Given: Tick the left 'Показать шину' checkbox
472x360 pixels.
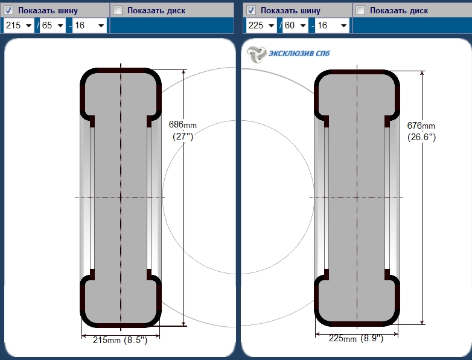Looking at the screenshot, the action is point(8,10).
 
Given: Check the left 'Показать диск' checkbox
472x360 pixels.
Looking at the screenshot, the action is point(118,10).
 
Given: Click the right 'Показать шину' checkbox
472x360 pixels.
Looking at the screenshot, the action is point(251,10).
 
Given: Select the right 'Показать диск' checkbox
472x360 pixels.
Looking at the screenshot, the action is point(360,10).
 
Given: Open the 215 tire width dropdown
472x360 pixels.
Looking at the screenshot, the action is point(19,25).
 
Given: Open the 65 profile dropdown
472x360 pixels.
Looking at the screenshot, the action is point(53,25).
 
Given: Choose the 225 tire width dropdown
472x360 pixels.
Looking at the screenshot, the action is point(261,25).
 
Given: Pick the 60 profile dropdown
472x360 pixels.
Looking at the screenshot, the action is point(295,25).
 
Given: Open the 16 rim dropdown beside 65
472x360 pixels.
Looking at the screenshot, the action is point(90,25).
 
